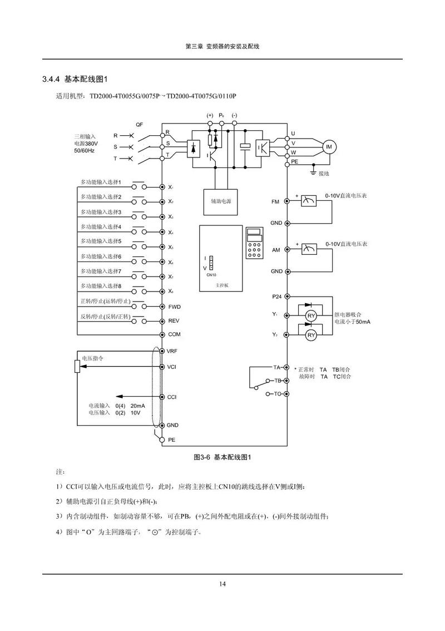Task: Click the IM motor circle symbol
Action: (x=328, y=146)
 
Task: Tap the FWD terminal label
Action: (x=174, y=307)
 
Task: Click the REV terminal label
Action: (x=174, y=321)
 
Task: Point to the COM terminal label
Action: (x=174, y=334)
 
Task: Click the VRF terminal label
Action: (x=172, y=352)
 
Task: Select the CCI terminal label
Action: (x=172, y=397)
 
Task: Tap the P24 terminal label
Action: (x=277, y=297)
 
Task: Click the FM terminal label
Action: (x=275, y=201)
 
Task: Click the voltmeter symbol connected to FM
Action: (x=308, y=201)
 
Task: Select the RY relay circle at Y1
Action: (x=311, y=316)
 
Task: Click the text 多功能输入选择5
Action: (x=101, y=241)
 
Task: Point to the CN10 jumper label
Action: (x=211, y=275)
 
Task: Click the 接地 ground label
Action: (x=324, y=174)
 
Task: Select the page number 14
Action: (x=222, y=584)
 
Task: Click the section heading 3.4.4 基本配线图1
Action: (x=78, y=78)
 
